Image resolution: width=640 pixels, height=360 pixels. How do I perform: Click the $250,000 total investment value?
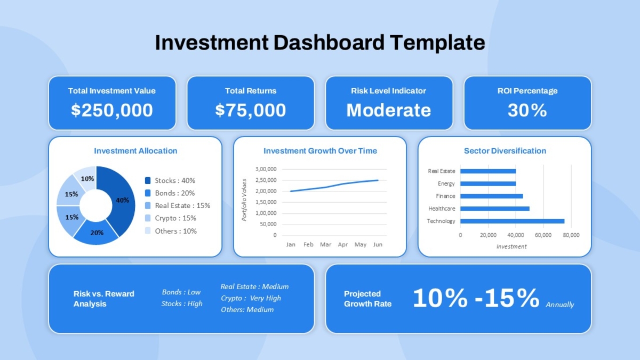(x=112, y=110)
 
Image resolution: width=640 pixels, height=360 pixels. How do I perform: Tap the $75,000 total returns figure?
(x=251, y=110)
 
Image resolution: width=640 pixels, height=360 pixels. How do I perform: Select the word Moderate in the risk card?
(x=389, y=110)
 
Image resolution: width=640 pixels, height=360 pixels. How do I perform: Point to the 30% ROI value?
(x=527, y=110)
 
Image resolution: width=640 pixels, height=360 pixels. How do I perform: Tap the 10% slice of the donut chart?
(x=86, y=178)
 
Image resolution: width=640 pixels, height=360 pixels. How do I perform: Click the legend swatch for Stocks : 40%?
(x=148, y=181)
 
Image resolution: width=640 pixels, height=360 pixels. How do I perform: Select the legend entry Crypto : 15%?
(x=175, y=218)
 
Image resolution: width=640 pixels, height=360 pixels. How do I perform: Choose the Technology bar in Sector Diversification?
(x=513, y=221)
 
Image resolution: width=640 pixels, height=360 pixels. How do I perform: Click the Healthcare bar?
(x=495, y=209)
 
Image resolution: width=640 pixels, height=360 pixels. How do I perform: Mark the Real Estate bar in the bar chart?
(x=488, y=171)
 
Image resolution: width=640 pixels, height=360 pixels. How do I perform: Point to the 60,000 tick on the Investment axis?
(x=543, y=235)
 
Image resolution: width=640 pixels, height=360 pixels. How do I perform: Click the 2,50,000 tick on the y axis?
(x=266, y=180)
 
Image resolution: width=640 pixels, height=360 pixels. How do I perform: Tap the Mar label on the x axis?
(x=325, y=245)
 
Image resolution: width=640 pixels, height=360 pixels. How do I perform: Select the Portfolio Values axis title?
(x=244, y=200)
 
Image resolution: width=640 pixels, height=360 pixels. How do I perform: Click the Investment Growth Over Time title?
(x=320, y=151)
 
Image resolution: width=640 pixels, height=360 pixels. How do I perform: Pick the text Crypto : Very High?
(x=251, y=298)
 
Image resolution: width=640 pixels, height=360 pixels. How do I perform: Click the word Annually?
(x=559, y=305)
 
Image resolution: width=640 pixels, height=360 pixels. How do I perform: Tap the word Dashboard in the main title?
(x=329, y=43)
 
